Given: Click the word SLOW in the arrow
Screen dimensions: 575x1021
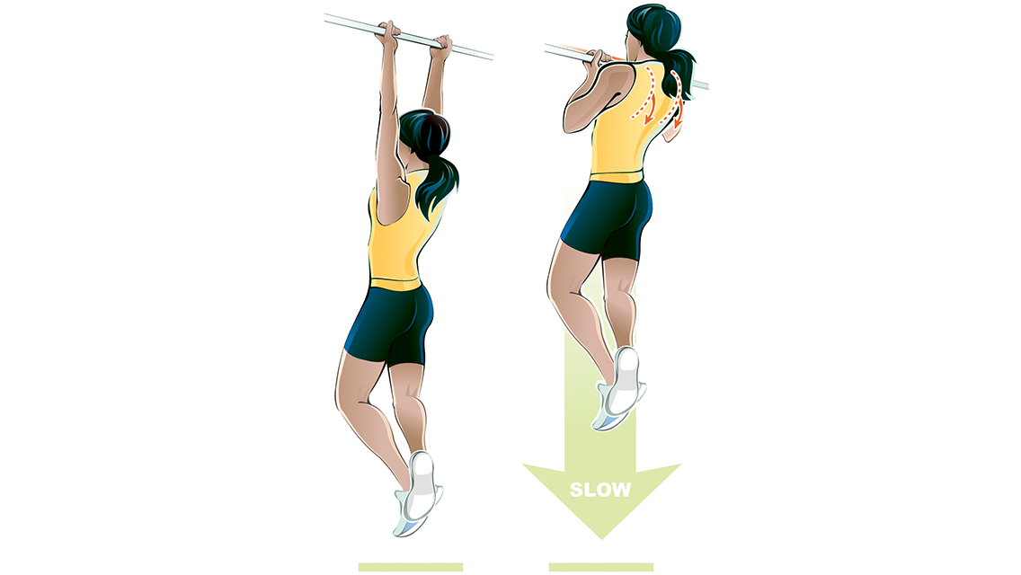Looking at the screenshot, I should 600,491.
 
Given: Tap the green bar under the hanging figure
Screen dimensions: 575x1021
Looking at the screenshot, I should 410,567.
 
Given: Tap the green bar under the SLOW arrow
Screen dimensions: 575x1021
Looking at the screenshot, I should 600,567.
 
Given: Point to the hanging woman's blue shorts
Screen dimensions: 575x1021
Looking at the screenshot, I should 389,322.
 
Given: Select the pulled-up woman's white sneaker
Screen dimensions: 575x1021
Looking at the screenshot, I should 622,386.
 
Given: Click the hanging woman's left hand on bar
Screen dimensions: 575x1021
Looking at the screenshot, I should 388,34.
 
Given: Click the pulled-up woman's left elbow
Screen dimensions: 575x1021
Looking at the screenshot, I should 572,121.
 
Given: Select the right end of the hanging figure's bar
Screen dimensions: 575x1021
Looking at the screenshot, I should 490,56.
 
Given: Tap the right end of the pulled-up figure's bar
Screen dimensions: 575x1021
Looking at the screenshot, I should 706,87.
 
